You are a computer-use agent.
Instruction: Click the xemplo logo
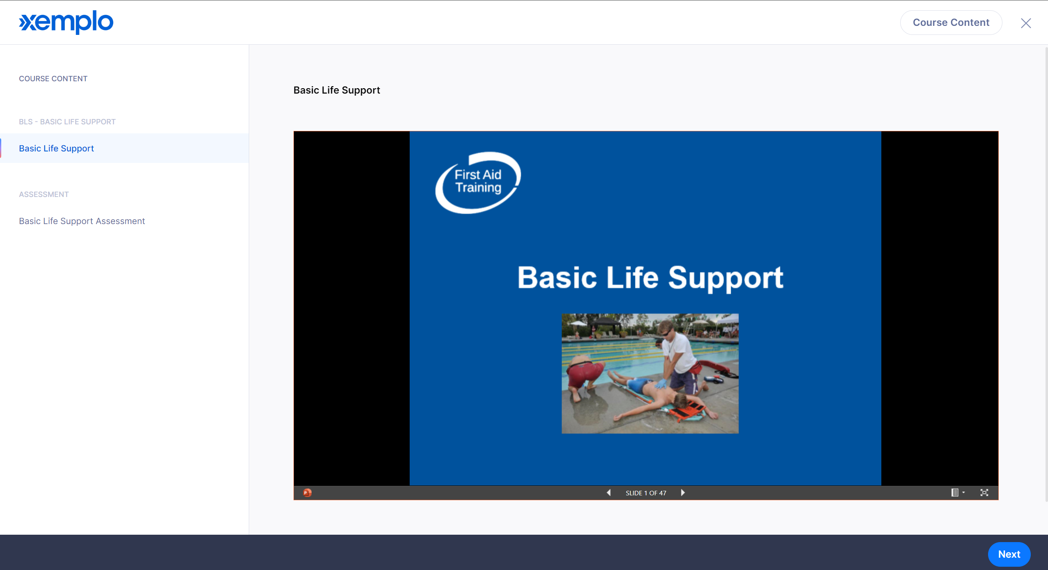pyautogui.click(x=66, y=22)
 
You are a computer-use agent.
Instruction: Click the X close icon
pyautogui.click(x=1026, y=23)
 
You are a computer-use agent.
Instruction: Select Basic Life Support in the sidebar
pyautogui.click(x=56, y=148)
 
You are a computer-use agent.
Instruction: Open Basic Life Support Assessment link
pyautogui.click(x=82, y=221)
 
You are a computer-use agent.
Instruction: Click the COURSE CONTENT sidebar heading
pyautogui.click(x=53, y=78)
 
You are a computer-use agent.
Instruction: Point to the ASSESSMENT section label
pyautogui.click(x=44, y=194)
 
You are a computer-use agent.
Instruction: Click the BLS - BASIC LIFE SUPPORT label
pyautogui.click(x=67, y=121)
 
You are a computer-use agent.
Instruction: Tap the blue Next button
pyautogui.click(x=1009, y=554)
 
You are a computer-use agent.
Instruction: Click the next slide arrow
pyautogui.click(x=683, y=492)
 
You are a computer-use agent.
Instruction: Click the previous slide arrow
pyautogui.click(x=609, y=492)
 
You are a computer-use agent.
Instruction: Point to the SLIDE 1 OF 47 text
pyautogui.click(x=646, y=493)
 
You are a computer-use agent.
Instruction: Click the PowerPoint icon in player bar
pyautogui.click(x=307, y=492)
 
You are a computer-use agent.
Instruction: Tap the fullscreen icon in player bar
pyautogui.click(x=984, y=492)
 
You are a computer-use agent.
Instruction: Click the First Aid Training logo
pyautogui.click(x=478, y=183)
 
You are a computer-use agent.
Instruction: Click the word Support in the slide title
pyautogui.click(x=726, y=279)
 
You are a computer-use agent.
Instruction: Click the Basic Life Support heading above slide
pyautogui.click(x=337, y=90)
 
